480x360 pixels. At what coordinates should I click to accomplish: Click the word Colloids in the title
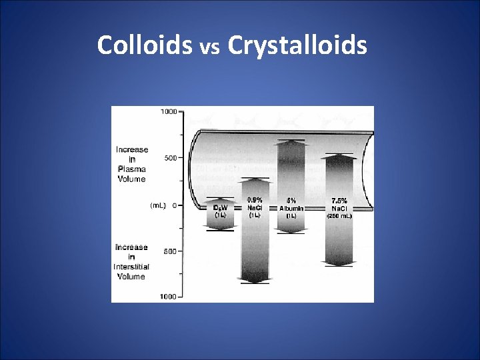(x=144, y=45)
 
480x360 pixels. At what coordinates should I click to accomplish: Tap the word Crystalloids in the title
(x=297, y=46)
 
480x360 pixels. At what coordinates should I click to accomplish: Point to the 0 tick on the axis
(x=174, y=205)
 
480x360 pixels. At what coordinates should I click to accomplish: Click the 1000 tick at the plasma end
(x=168, y=112)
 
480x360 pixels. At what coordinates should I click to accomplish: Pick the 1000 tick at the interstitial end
(x=168, y=297)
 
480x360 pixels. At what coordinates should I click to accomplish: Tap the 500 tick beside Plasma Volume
(x=170, y=159)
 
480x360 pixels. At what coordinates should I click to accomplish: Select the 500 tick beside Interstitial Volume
(x=170, y=251)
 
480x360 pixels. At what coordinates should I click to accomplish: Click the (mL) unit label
(x=159, y=205)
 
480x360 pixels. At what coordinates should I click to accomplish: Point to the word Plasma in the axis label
(x=131, y=169)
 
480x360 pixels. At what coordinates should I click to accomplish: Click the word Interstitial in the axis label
(x=131, y=267)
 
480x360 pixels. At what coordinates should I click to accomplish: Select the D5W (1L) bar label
(x=220, y=211)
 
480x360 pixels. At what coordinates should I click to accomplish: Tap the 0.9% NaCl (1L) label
(x=255, y=207)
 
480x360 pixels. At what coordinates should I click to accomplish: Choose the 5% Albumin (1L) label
(x=291, y=208)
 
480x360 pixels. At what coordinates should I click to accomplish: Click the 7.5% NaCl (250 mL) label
(x=339, y=207)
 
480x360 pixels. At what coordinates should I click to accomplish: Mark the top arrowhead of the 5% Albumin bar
(x=291, y=142)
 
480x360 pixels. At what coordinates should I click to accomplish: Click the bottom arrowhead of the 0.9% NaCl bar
(x=255, y=281)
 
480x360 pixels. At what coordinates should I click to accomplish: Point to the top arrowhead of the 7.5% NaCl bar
(x=339, y=156)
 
